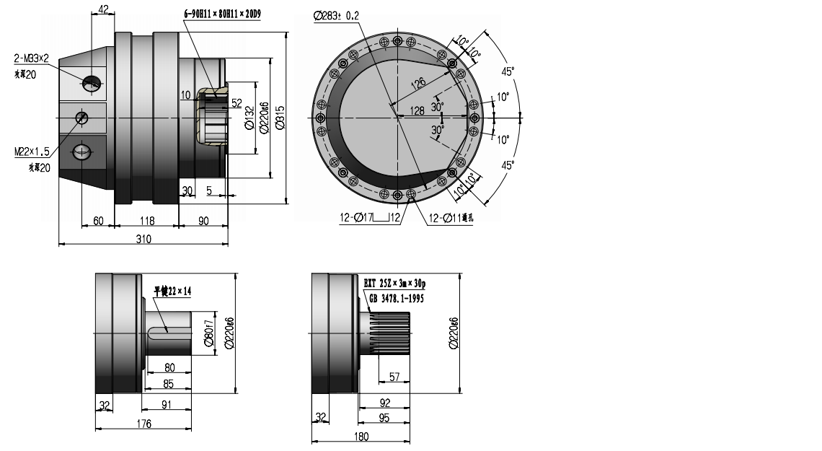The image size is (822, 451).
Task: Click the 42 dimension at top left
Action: [102, 9]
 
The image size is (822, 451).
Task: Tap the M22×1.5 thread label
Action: [32, 152]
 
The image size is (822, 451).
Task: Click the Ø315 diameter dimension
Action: [280, 116]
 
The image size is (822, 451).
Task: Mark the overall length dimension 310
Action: [143, 239]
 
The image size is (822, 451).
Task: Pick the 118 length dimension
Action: [146, 221]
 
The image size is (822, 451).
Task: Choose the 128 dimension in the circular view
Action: [416, 110]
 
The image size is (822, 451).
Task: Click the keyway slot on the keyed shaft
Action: [169, 332]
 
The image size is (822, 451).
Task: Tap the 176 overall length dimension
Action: [143, 424]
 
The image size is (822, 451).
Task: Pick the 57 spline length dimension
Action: [394, 377]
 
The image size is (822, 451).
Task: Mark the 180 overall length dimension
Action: [361, 436]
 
